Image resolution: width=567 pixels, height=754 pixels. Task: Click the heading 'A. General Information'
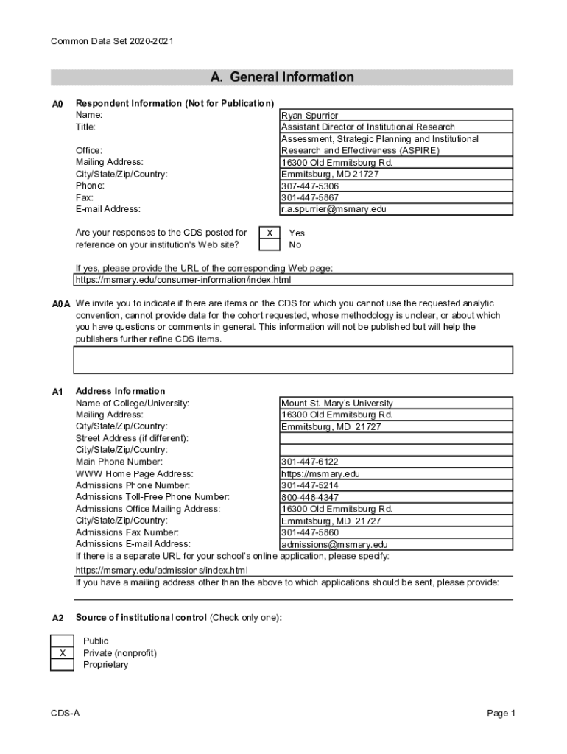(282, 77)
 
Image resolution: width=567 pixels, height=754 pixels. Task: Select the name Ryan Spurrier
(309, 116)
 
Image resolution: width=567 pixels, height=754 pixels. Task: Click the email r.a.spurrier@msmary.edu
(334, 209)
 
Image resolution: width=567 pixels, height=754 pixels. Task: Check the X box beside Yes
(270, 233)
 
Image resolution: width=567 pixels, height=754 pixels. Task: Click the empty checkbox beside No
(270, 244)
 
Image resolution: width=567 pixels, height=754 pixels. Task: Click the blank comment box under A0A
(292, 360)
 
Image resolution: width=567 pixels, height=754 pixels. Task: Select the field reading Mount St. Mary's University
(337, 403)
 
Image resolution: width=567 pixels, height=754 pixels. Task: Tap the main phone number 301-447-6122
(310, 462)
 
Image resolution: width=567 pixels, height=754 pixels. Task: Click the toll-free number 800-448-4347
(310, 497)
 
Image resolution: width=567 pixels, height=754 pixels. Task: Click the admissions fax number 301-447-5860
(310, 532)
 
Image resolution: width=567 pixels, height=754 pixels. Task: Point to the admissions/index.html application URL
(162, 570)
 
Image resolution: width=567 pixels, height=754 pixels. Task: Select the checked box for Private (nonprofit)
(63, 653)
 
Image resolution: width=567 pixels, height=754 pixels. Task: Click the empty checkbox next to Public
(63, 641)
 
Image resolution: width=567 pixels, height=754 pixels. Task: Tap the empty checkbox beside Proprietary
(63, 665)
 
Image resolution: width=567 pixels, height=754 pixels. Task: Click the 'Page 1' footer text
(501, 713)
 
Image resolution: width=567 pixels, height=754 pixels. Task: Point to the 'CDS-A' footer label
(66, 713)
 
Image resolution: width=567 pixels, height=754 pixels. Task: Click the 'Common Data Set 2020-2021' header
(112, 41)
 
